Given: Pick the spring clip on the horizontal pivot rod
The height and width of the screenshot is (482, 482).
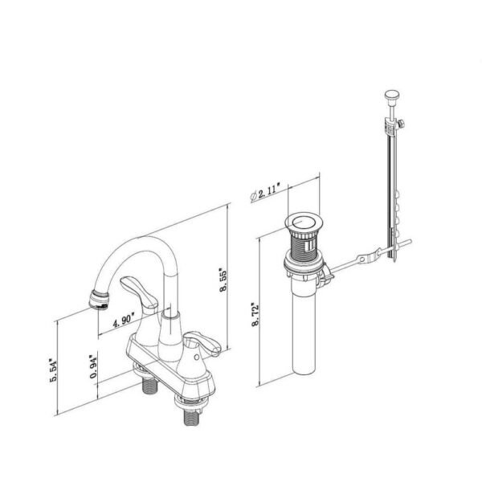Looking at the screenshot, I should [x=366, y=259].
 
